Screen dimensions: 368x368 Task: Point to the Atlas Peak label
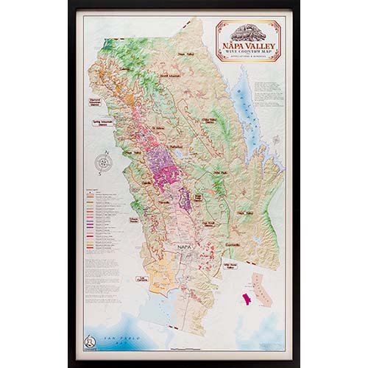(x=221, y=174)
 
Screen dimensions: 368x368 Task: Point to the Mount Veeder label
(x=135, y=220)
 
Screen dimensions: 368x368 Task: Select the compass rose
(x=105, y=162)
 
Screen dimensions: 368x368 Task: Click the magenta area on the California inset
(x=245, y=299)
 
